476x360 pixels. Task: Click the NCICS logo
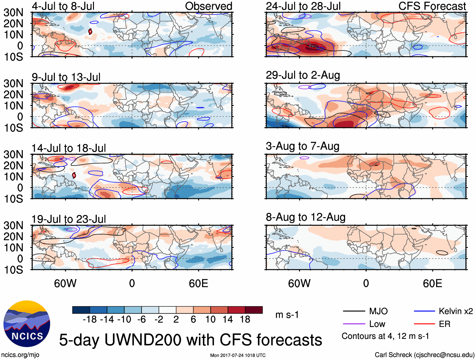(x=27, y=324)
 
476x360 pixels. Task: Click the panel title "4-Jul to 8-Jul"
(x=63, y=6)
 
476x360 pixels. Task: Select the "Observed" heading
(x=209, y=6)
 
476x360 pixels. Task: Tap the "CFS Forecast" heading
(x=432, y=6)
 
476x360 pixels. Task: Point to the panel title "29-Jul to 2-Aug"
(x=303, y=75)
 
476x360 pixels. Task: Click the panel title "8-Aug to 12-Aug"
(x=305, y=217)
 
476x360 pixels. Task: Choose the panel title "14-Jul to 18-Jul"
(x=68, y=148)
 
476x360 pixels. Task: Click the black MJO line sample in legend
(x=354, y=311)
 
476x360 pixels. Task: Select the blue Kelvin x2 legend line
(x=424, y=311)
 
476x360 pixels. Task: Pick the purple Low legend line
(x=354, y=324)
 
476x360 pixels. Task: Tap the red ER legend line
(x=424, y=324)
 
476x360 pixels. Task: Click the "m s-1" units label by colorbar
(x=287, y=315)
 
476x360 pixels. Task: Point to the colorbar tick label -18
(x=90, y=320)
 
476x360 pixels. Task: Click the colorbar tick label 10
(x=210, y=320)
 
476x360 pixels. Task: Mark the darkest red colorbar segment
(x=254, y=310)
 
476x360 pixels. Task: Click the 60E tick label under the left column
(x=198, y=283)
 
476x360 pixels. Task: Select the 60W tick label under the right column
(x=299, y=283)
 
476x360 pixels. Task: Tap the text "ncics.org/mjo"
(x=20, y=355)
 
